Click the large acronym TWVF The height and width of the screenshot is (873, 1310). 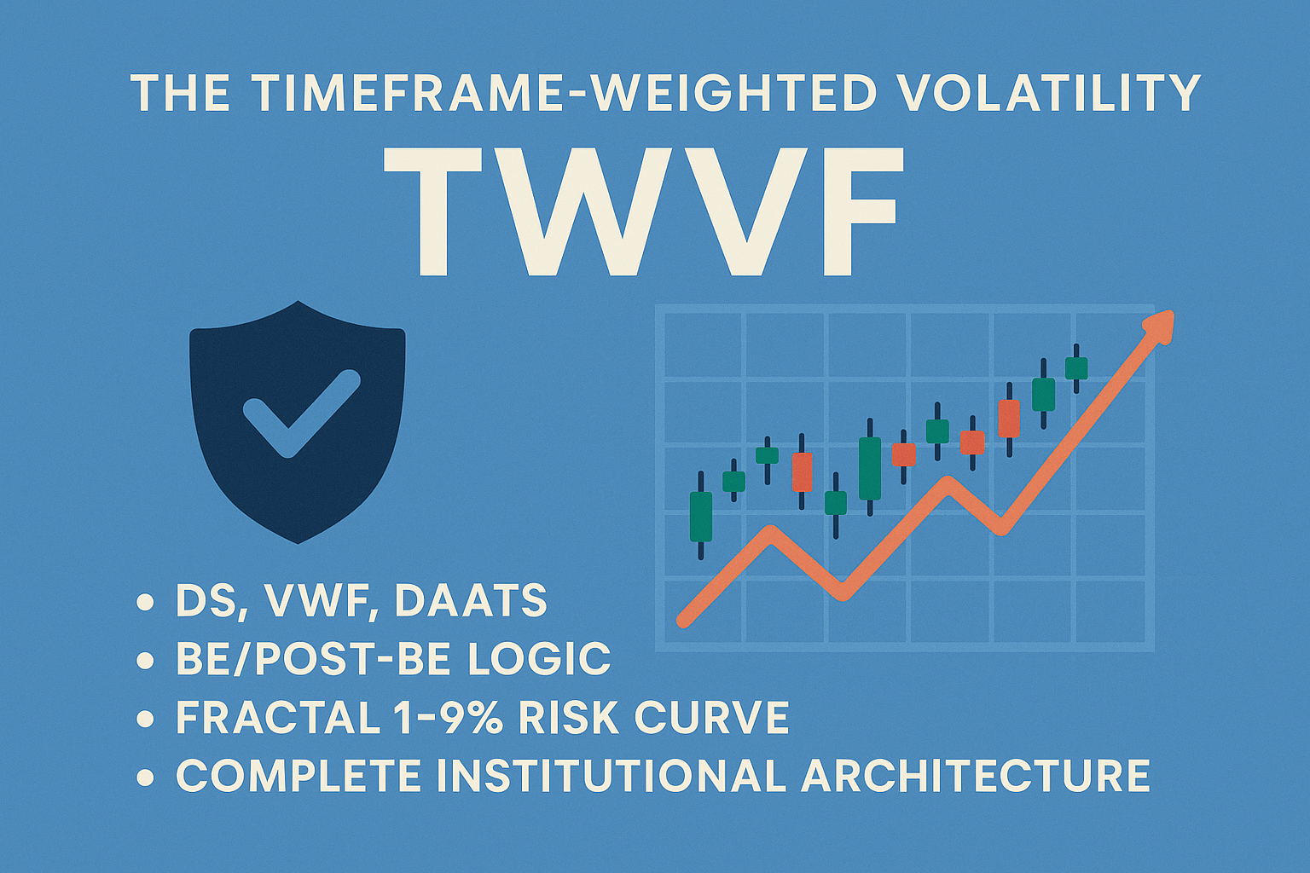(641, 211)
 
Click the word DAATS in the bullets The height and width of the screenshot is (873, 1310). (471, 601)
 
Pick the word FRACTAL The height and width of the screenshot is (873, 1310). (277, 718)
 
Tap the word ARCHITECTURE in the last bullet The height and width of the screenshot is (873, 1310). (976, 776)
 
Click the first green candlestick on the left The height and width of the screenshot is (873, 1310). (700, 516)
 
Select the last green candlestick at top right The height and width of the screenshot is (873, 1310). (1076, 368)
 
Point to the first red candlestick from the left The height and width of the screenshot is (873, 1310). (802, 472)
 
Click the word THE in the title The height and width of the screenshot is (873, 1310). (180, 93)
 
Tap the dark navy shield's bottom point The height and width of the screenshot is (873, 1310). (299, 541)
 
